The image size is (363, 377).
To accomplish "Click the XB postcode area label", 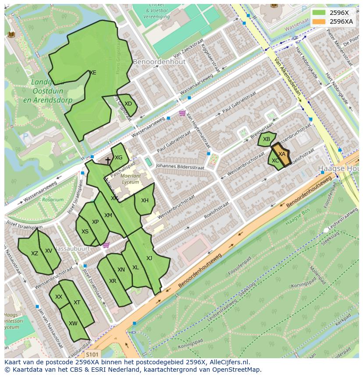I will [x=267, y=139].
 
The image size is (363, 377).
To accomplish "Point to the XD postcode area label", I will [x=128, y=104].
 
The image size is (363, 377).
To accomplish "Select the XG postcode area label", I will [x=118, y=158].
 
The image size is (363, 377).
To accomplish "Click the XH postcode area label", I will [x=145, y=201].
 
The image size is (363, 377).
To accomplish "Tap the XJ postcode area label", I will [x=149, y=258].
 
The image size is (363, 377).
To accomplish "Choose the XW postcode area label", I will [x=73, y=324].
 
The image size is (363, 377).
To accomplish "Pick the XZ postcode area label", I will [x=35, y=253].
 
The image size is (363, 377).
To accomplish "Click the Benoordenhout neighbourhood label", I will [x=159, y=62].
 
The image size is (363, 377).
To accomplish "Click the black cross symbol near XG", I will [x=108, y=161].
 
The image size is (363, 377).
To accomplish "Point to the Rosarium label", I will [x=53, y=200].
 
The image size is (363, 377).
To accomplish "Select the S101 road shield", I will [x=92, y=354].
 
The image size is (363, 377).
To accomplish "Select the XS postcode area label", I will [x=85, y=232].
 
